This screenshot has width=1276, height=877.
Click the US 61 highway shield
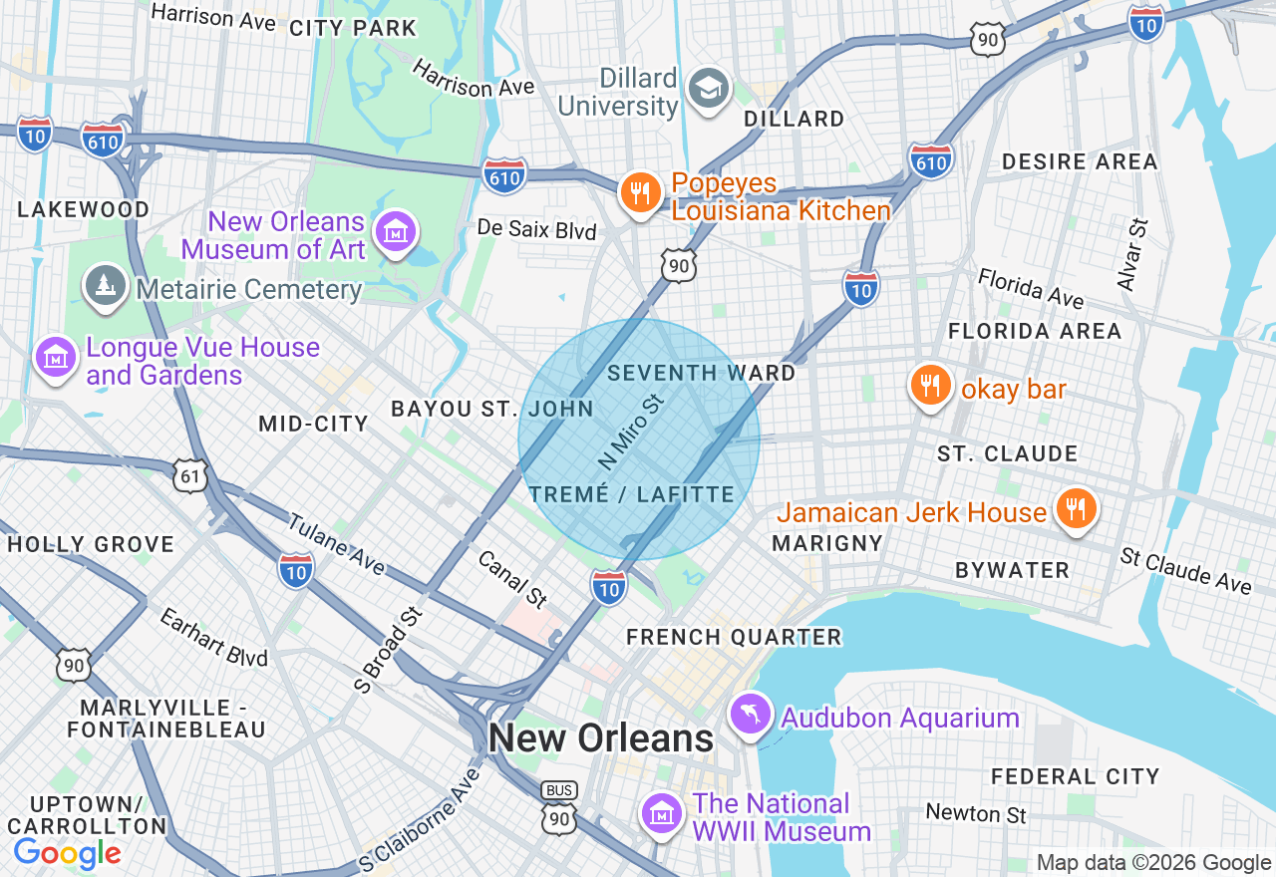tap(190, 476)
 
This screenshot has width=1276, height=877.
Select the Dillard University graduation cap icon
tap(710, 90)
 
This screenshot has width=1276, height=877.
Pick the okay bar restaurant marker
tap(930, 385)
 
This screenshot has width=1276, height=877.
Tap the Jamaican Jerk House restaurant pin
tap(1075, 508)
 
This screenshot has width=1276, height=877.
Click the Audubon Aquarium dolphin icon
tap(751, 714)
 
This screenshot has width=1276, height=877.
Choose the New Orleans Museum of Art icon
tap(395, 232)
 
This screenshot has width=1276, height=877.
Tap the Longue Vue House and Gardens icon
tap(56, 357)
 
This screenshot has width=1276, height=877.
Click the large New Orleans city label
tap(601, 738)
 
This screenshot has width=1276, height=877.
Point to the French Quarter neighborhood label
tap(734, 637)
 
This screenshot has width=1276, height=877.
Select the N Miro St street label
tap(631, 432)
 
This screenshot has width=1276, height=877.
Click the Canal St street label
tap(513, 579)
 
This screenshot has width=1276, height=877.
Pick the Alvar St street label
tap(1133, 256)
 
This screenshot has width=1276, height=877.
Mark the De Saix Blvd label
tap(536, 231)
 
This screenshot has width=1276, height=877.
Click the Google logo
tap(67, 853)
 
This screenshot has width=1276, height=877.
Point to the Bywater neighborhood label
tap(1012, 570)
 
